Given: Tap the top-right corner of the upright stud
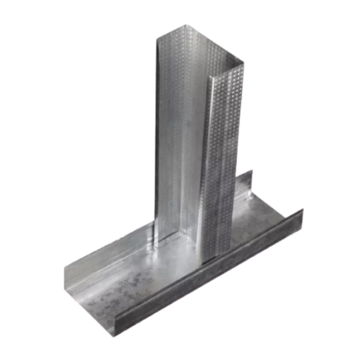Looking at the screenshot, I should tap(243, 63).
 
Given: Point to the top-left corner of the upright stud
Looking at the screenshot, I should tap(157, 39).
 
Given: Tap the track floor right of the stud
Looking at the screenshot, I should tap(261, 216).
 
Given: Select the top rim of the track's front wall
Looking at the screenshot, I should tap(207, 265).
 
